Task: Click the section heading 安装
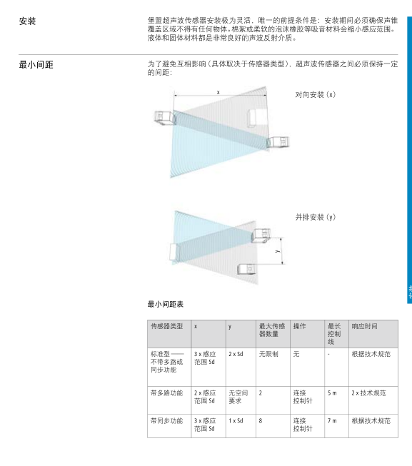[x=27, y=21]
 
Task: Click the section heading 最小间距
[x=36, y=64]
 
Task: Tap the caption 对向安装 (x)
[x=316, y=94]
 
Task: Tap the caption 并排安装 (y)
[x=316, y=217]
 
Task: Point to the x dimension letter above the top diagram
[x=218, y=93]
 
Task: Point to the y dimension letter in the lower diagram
[x=277, y=251]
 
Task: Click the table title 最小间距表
[x=166, y=304]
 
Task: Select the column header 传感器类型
[x=167, y=326]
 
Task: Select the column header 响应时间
[x=364, y=326]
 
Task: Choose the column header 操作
[x=299, y=326]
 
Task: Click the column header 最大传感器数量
[x=272, y=330]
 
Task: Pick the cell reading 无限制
[x=268, y=354]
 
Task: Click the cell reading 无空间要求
[x=238, y=397]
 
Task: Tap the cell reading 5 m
[x=332, y=393]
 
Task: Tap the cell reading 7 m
[x=332, y=421]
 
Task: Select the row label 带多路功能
[x=167, y=393]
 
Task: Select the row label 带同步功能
[x=167, y=421]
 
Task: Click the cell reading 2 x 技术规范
[x=368, y=393]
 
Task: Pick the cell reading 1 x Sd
[x=236, y=421]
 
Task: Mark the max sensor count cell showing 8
[x=261, y=421]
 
